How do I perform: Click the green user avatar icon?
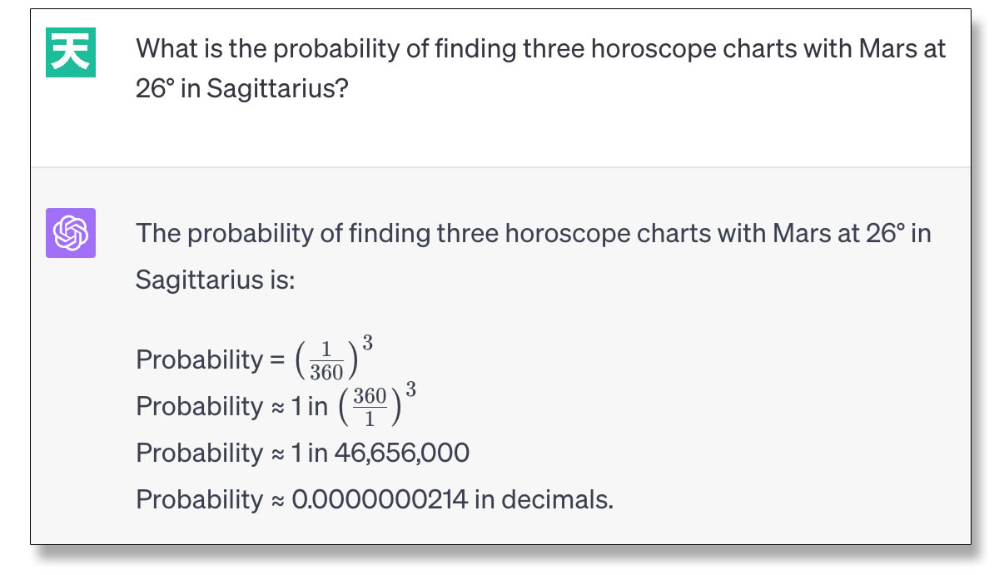tap(71, 52)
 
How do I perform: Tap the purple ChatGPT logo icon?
tap(71, 233)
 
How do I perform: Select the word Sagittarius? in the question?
tap(277, 88)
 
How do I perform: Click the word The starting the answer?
tap(158, 233)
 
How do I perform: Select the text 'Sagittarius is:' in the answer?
tap(215, 280)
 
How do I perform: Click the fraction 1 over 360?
tap(326, 361)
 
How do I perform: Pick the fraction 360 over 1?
tap(370, 408)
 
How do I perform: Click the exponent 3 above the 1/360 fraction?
tap(367, 343)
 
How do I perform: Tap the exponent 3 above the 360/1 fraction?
tap(410, 389)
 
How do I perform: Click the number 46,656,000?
tap(402, 453)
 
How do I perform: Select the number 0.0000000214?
tap(380, 499)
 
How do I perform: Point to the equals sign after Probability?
tap(277, 359)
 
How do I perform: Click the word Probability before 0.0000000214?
tap(200, 500)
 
